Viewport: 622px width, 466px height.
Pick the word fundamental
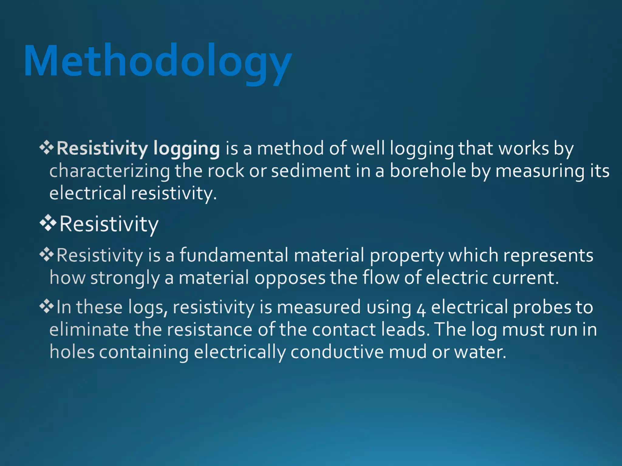[x=234, y=255]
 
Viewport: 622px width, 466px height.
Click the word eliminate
[x=89, y=330]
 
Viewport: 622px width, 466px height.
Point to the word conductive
[x=337, y=352]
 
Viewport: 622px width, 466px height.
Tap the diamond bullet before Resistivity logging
[x=46, y=148]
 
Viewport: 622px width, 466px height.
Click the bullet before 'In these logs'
[x=46, y=306]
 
